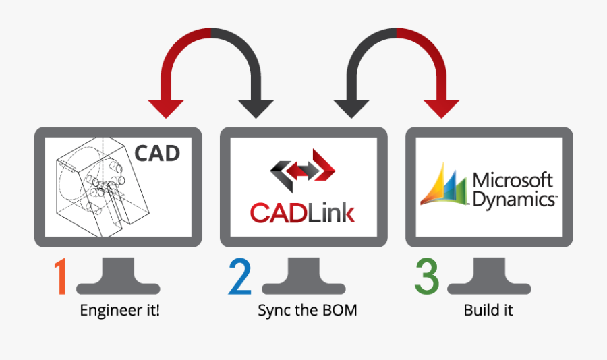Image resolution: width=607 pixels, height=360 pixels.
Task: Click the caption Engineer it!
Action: pyautogui.click(x=120, y=311)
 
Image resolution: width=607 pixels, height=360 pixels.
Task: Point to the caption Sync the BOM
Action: pyautogui.click(x=307, y=311)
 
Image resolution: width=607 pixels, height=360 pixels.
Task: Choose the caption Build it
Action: pyautogui.click(x=488, y=311)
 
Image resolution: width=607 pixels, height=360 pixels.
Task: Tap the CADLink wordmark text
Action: pyautogui.click(x=302, y=212)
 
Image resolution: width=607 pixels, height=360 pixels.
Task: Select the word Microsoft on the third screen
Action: pyautogui.click(x=513, y=181)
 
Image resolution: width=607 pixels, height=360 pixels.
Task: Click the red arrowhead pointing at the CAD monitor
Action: pyautogui.click(x=165, y=108)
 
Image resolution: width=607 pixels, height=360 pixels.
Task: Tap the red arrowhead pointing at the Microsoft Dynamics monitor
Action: pyautogui.click(x=442, y=108)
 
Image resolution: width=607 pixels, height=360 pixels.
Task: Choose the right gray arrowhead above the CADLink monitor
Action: pyautogui.click(x=351, y=108)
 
